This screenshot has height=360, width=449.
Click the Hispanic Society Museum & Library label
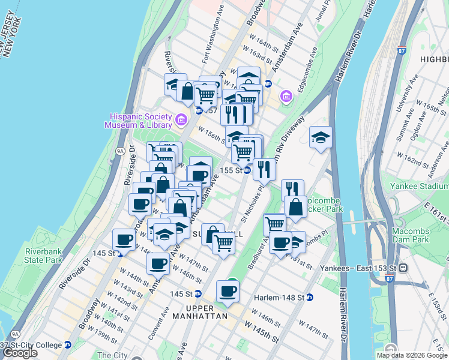pyautogui.click(x=137, y=121)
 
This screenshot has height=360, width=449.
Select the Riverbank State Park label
pyautogui.click(x=43, y=256)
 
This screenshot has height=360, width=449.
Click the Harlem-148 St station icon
pyautogui.click(x=310, y=297)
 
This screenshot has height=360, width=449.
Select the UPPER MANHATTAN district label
pyautogui.click(x=199, y=316)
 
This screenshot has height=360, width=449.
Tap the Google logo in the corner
pyautogui.click(x=20, y=353)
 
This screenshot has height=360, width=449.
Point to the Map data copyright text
pyautogui.click(x=412, y=355)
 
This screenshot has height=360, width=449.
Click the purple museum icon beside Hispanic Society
pyautogui.click(x=180, y=121)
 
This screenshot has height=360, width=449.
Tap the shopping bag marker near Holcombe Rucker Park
pyautogui.click(x=295, y=208)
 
